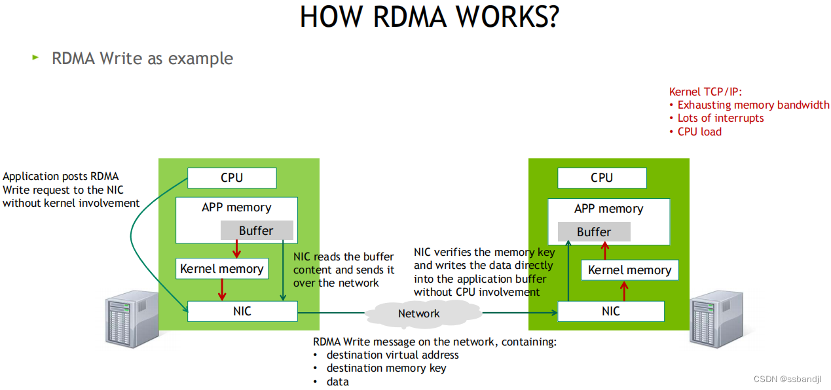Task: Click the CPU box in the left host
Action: (x=232, y=178)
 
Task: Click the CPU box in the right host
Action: (x=601, y=178)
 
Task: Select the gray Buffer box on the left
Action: (x=256, y=230)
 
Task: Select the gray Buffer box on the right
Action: (x=593, y=232)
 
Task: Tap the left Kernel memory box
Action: (x=221, y=269)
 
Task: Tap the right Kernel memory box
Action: (x=629, y=270)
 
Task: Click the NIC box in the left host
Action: (x=242, y=311)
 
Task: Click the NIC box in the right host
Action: (x=610, y=311)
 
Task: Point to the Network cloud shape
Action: (x=419, y=314)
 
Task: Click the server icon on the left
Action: (x=132, y=321)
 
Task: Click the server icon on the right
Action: (x=716, y=321)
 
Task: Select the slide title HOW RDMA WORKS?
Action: (x=429, y=17)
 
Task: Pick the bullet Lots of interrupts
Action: (x=720, y=118)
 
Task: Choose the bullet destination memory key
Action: (x=386, y=368)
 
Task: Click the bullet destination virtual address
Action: (x=392, y=355)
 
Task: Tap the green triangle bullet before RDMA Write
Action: (x=36, y=58)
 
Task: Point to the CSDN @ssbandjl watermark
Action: (x=791, y=380)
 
